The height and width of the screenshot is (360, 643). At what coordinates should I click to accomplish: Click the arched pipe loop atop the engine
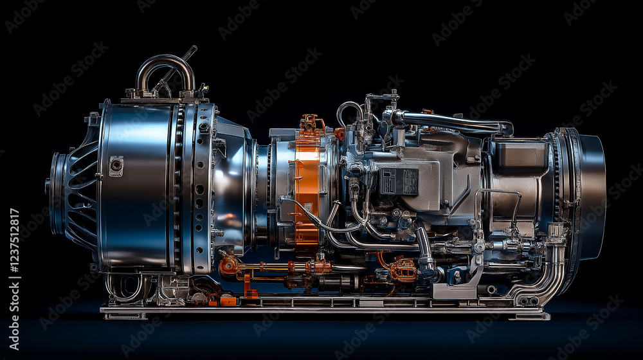(165, 60)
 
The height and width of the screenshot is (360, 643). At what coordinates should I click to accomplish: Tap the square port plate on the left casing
(116, 166)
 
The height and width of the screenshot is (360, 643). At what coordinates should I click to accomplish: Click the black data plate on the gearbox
(399, 181)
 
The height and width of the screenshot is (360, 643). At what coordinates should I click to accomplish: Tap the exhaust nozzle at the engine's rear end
(590, 194)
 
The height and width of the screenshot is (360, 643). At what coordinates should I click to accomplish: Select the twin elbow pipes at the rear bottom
(541, 279)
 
